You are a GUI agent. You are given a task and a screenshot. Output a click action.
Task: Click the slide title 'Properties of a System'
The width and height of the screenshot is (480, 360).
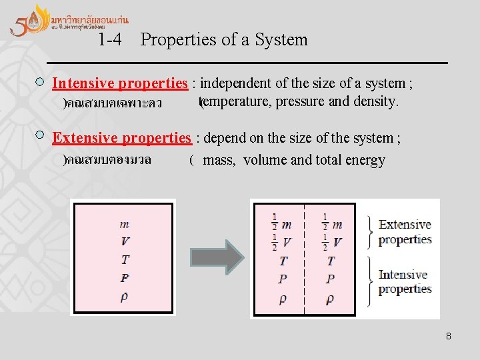[224, 40]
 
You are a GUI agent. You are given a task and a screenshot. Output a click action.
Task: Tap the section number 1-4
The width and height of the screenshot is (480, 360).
[109, 40]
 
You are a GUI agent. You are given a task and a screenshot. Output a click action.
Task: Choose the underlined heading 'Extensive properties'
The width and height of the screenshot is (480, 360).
[121, 138]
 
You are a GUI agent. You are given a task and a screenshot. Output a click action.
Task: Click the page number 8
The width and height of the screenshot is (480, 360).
[449, 336]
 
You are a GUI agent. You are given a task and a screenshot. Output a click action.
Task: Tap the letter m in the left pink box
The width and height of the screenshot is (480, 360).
[125, 224]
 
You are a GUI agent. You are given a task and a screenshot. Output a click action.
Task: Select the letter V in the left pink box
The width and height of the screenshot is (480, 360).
[125, 241]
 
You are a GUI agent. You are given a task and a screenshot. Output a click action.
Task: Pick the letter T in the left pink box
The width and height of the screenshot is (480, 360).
[125, 259]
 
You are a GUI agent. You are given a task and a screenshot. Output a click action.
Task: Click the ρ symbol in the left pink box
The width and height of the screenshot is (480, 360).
[125, 296]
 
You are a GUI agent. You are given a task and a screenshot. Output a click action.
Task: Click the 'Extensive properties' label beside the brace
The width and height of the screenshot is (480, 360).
[405, 232]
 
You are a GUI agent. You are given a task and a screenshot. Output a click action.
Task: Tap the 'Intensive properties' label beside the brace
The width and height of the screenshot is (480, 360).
[405, 282]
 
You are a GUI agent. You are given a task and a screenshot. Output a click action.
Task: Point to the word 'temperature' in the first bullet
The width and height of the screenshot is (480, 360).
[231, 102]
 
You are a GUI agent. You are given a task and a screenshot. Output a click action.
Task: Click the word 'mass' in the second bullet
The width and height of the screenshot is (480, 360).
[219, 160]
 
